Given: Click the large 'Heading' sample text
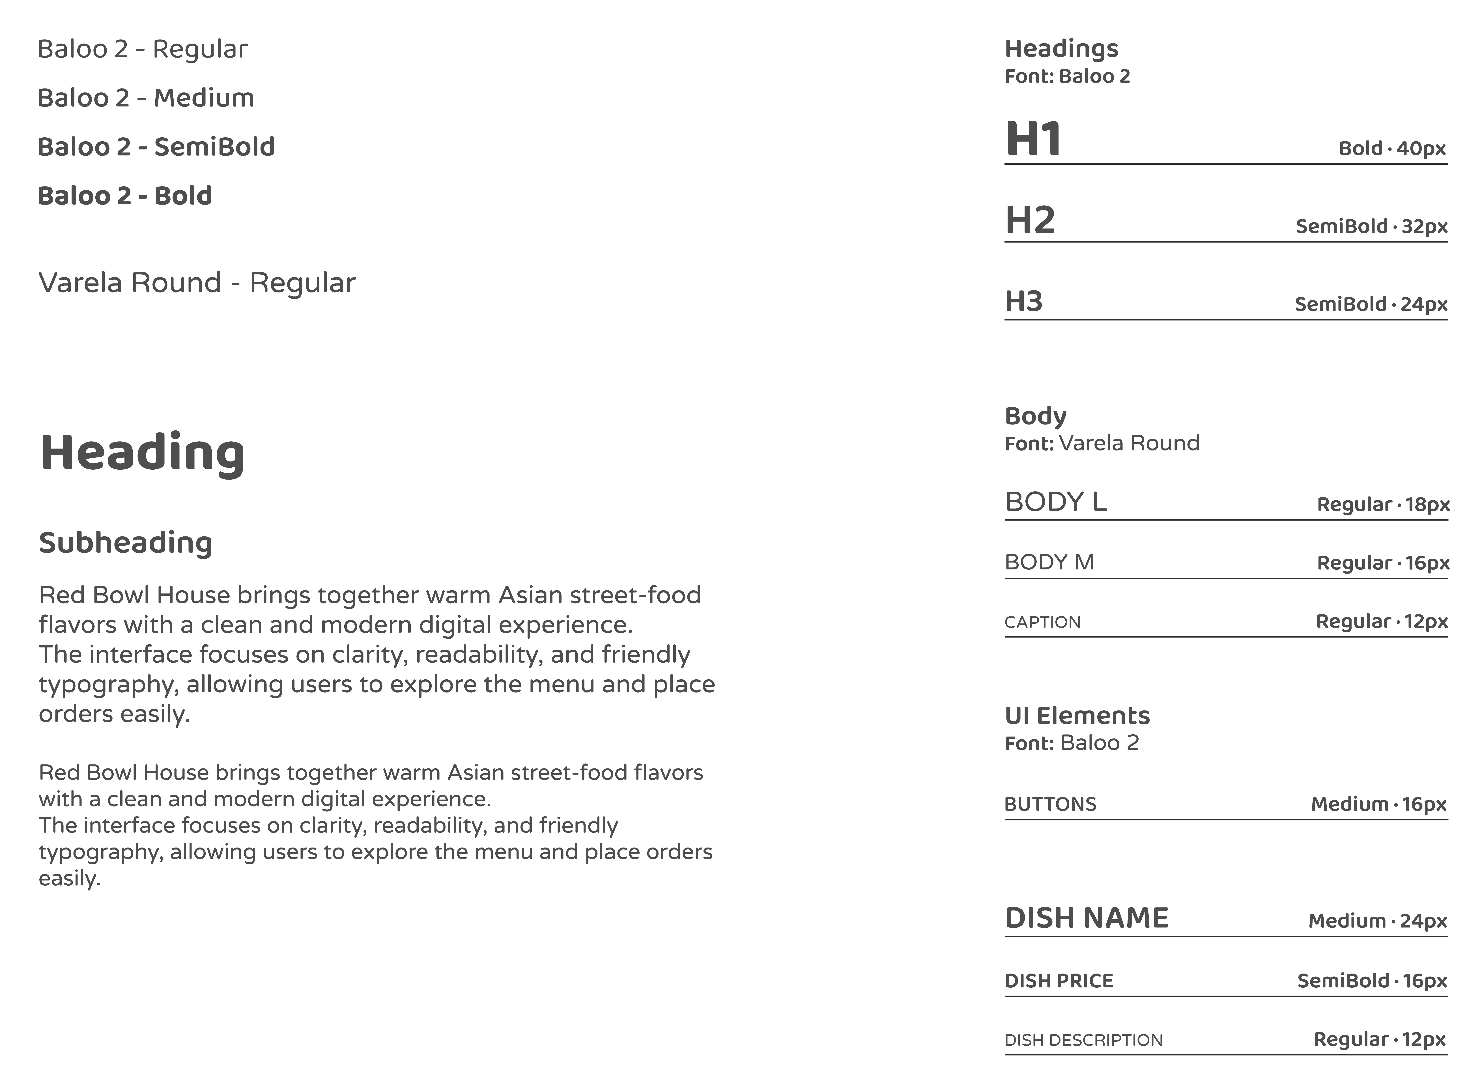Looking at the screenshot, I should coord(142,453).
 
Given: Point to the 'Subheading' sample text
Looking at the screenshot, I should coord(125,543).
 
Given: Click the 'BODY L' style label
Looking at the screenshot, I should coord(1056,502).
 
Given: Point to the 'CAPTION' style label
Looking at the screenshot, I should coord(1042,622).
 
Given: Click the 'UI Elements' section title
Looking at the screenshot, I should coord(1077,716).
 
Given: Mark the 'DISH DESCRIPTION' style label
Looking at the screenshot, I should coord(1083,1041).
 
